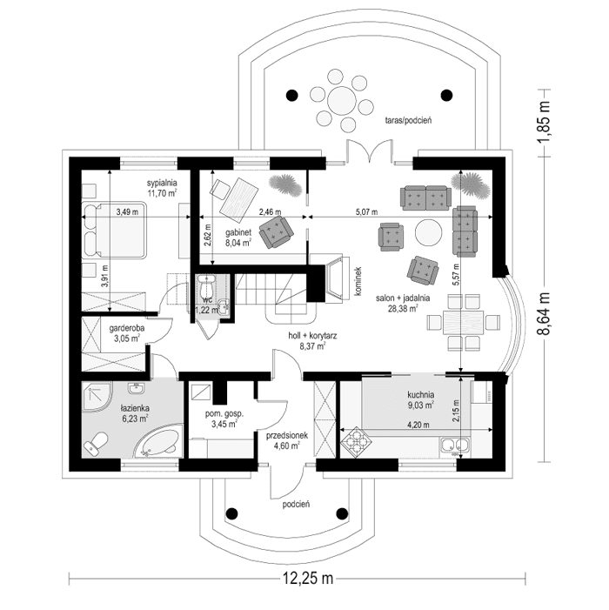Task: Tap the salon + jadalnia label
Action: tap(398, 302)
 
